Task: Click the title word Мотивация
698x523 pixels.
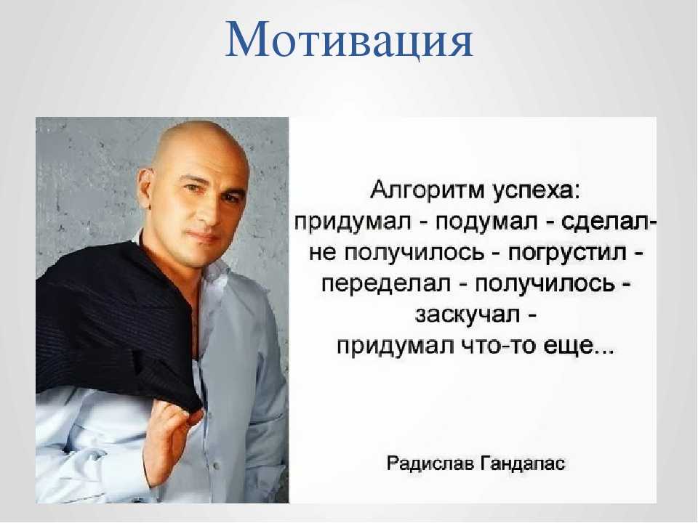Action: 349,39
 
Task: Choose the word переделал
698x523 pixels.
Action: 386,284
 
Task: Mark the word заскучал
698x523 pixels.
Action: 467,315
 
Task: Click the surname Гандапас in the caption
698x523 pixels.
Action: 523,463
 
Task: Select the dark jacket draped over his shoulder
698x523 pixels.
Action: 116,325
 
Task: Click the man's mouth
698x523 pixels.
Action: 206,238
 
